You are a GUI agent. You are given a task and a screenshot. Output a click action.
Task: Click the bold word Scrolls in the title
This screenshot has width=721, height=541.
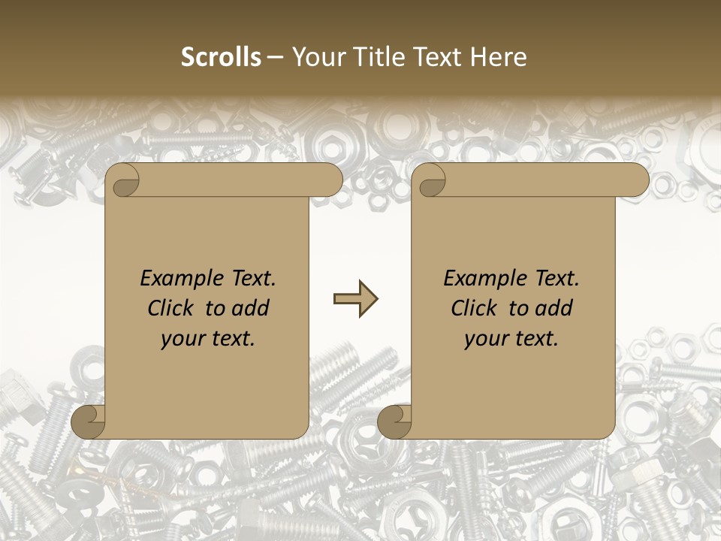tap(222, 56)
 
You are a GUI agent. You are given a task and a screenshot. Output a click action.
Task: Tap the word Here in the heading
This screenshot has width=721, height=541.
tap(499, 56)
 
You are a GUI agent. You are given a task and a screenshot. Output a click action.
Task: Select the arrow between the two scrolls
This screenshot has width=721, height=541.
tap(355, 300)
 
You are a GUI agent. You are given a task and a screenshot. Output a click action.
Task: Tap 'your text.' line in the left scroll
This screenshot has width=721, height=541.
tap(208, 339)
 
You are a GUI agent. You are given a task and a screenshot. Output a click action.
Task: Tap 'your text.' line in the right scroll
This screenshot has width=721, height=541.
tap(511, 339)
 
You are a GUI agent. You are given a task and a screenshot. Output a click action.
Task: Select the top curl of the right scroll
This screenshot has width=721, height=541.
tap(430, 180)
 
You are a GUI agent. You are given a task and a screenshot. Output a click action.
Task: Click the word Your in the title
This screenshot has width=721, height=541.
tap(315, 56)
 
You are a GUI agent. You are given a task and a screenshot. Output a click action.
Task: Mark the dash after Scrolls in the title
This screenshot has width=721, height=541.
tap(276, 57)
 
